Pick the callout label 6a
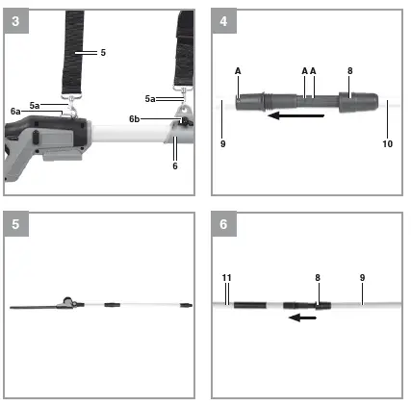(16, 113)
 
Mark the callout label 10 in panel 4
(387, 143)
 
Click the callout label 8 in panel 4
(349, 70)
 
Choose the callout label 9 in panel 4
(223, 143)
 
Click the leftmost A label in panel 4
(237, 70)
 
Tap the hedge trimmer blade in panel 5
(35, 307)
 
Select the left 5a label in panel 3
(36, 105)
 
